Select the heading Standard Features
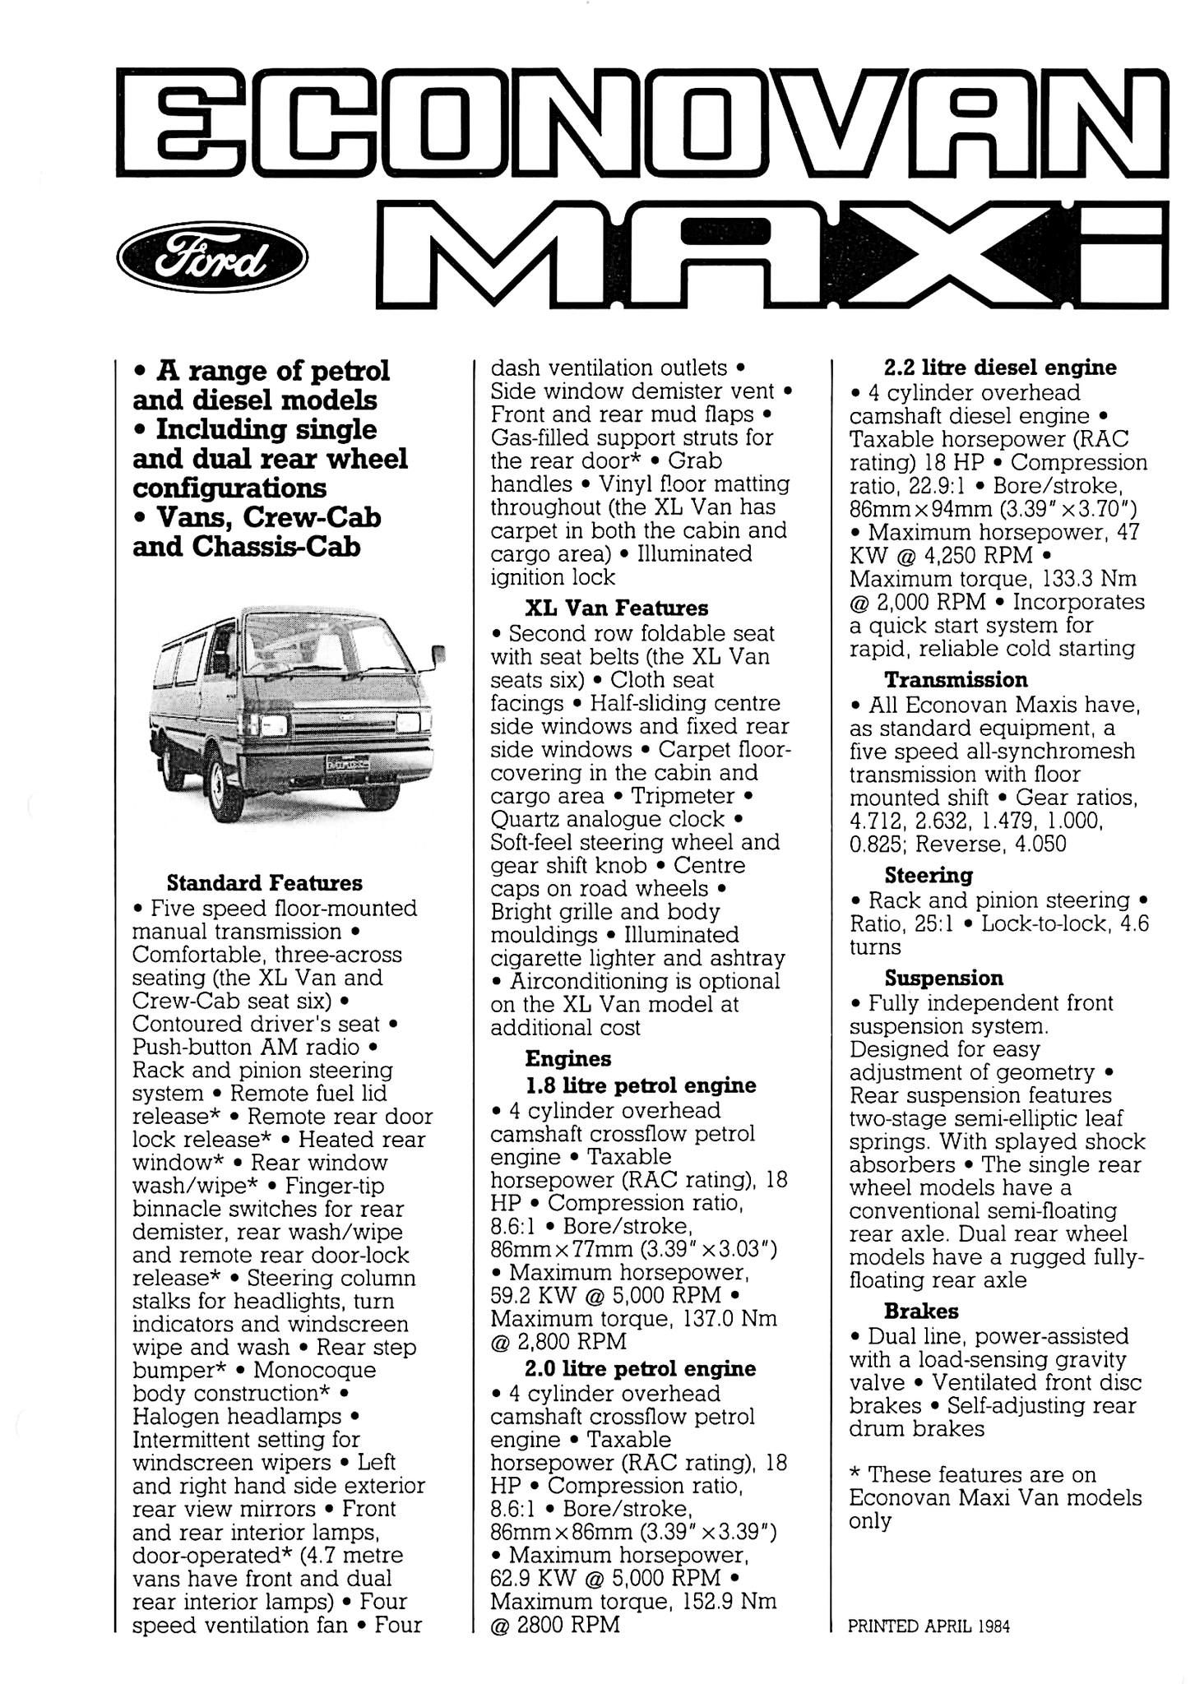[x=264, y=883]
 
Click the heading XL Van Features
[x=616, y=608]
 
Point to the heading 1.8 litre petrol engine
[x=640, y=1085]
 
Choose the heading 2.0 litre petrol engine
[x=640, y=1369]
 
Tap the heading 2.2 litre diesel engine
[x=1000, y=368]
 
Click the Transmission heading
[x=956, y=680]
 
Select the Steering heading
[x=929, y=875]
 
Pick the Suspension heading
[x=943, y=978]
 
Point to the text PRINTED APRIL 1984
[x=929, y=1626]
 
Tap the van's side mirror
[x=438, y=655]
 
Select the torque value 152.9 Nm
[x=730, y=1602]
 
